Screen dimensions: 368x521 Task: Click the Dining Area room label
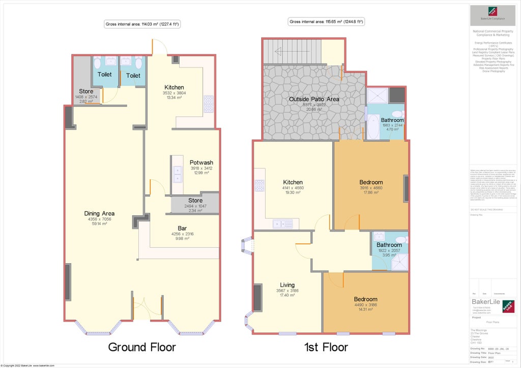99,213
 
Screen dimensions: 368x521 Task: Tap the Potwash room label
201,162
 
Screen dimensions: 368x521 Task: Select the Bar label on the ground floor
182,228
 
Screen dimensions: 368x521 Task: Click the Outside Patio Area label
314,99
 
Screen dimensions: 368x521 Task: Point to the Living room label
287,285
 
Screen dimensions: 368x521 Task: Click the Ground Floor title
142,347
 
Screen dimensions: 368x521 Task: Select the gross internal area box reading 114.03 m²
142,24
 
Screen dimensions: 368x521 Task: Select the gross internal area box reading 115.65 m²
327,22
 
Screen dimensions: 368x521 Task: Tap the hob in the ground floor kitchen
209,103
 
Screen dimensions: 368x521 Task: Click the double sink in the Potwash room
177,173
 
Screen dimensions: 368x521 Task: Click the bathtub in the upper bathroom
372,126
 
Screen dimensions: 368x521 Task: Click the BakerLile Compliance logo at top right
493,12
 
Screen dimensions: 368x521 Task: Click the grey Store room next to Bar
195,204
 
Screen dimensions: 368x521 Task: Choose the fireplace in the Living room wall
257,297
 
